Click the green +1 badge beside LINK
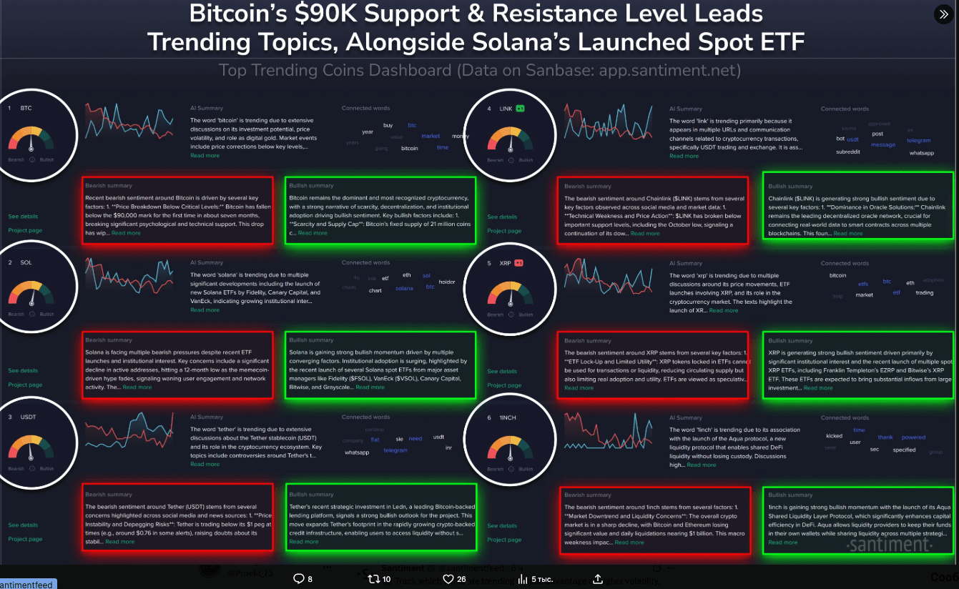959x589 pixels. click(x=521, y=109)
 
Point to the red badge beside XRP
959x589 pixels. click(x=519, y=263)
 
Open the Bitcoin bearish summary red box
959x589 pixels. click(x=177, y=210)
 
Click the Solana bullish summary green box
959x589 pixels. click(x=380, y=365)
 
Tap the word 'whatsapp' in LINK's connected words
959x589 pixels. click(x=922, y=153)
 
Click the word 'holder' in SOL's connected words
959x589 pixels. click(x=447, y=282)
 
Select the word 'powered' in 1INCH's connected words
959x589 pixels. click(x=913, y=437)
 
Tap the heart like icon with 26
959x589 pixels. click(x=448, y=579)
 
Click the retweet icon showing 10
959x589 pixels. click(x=373, y=579)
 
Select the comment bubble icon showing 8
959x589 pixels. click(x=298, y=579)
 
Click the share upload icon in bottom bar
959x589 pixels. click(x=598, y=579)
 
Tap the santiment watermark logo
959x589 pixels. click(x=889, y=545)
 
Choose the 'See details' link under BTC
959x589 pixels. click(x=23, y=216)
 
